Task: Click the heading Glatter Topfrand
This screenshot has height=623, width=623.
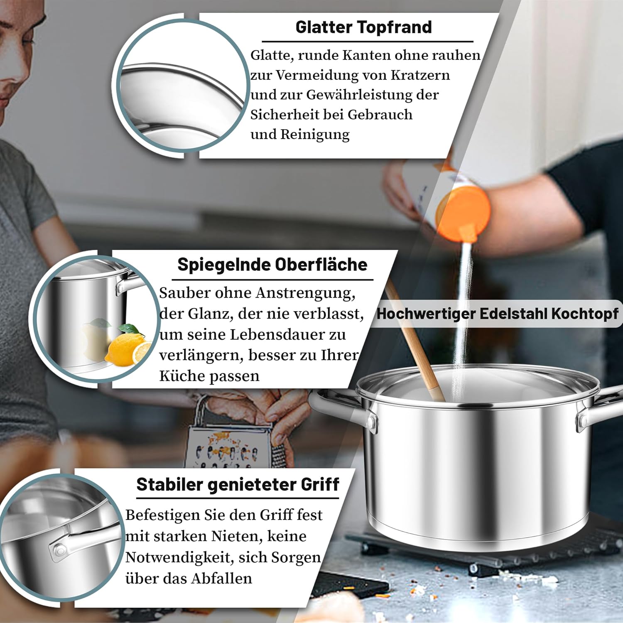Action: coord(363,27)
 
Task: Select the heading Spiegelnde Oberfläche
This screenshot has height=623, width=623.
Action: coord(272,265)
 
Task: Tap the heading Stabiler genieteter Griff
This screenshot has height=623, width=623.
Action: coord(238,485)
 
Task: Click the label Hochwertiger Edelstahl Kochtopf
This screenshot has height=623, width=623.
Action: coord(497,314)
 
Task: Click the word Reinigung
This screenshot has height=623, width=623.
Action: coord(315,135)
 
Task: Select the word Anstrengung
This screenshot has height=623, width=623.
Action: coord(305,293)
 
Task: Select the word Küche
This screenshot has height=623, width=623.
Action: coord(182,376)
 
